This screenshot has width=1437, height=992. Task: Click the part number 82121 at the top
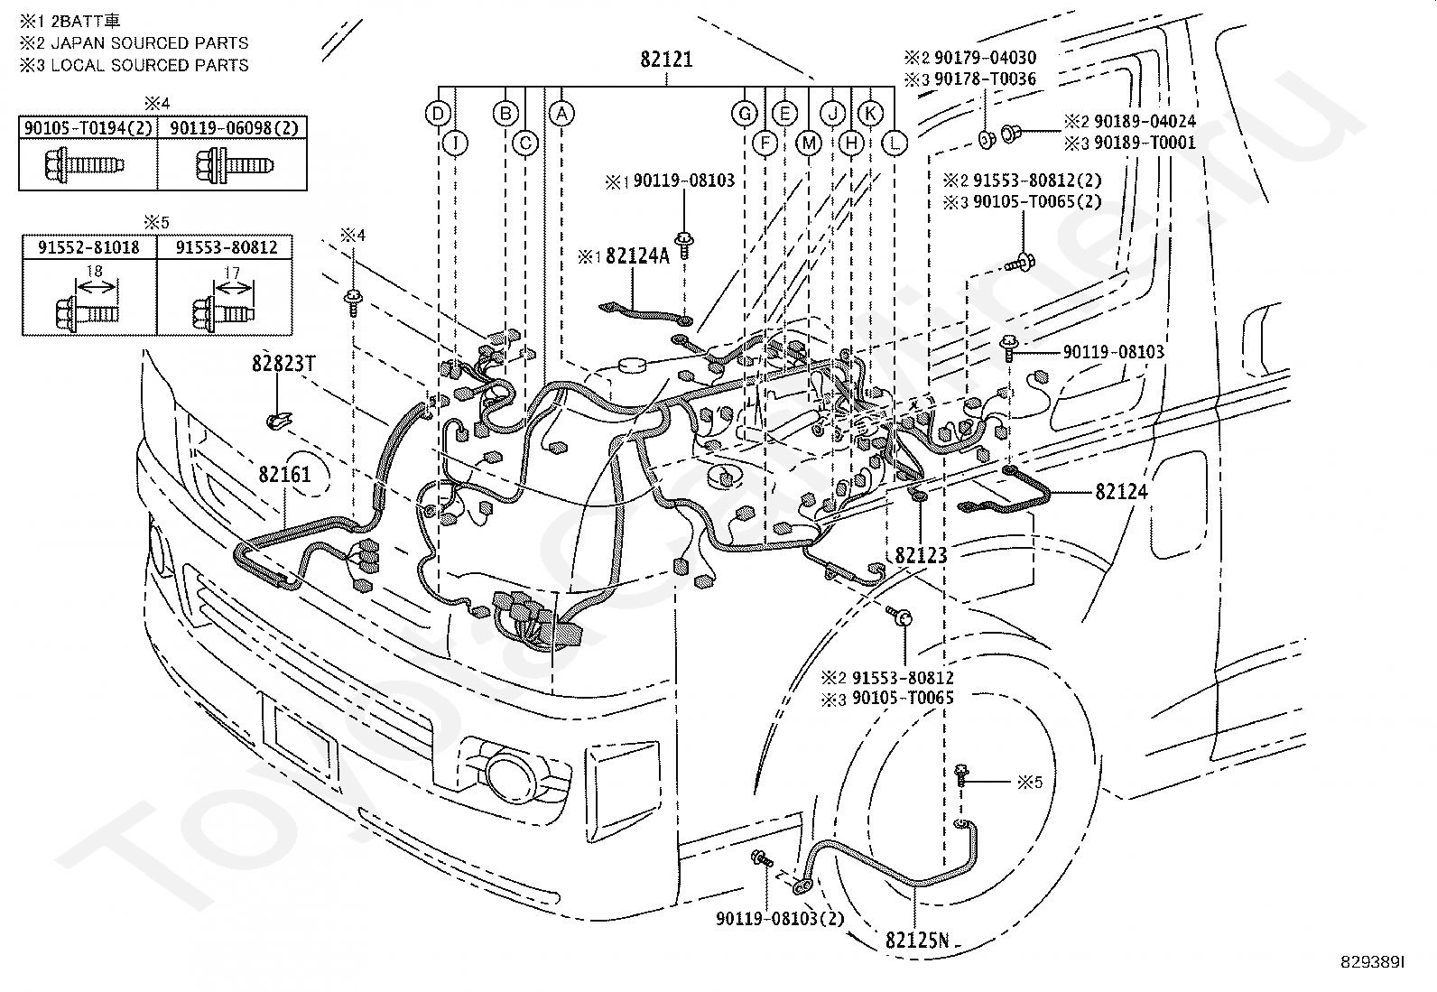click(666, 60)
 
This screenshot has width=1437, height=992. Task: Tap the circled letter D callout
click(438, 115)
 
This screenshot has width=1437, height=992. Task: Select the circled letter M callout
click(809, 144)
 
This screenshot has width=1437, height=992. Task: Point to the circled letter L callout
click(895, 144)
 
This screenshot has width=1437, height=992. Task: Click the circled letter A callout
click(561, 115)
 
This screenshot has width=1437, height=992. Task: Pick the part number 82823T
click(283, 364)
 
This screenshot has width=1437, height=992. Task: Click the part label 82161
click(284, 475)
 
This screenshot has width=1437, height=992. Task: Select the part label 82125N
click(917, 941)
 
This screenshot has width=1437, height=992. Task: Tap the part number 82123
click(921, 555)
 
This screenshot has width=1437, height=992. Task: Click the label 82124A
click(637, 256)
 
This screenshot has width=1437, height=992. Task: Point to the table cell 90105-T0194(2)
click(88, 127)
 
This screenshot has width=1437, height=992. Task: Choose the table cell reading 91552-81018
click(88, 247)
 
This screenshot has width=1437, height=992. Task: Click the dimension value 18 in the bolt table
click(94, 272)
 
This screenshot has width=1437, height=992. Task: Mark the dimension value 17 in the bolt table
click(232, 273)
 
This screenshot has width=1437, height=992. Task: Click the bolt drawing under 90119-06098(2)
click(235, 165)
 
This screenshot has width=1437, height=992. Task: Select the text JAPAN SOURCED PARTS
click(150, 43)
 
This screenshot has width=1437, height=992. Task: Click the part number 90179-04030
click(985, 58)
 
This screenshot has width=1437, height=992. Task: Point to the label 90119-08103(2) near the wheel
click(780, 919)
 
